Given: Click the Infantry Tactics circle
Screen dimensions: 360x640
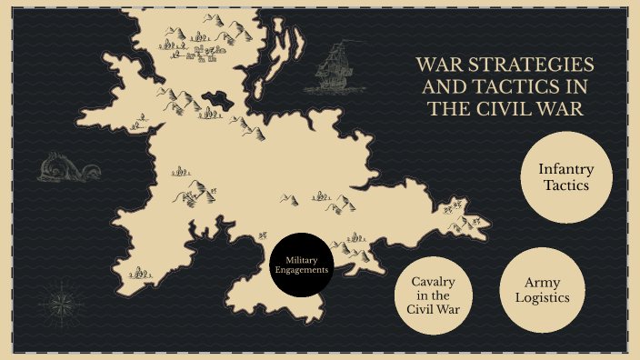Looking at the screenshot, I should tap(565, 177).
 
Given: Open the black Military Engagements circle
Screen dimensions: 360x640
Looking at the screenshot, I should tap(304, 264).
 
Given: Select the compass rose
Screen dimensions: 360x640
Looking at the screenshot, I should tap(63, 301).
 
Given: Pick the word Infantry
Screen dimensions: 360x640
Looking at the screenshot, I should tap(565, 168).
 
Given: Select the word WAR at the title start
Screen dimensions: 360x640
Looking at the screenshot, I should tap(438, 66).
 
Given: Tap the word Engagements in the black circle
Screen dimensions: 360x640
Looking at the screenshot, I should tap(304, 270).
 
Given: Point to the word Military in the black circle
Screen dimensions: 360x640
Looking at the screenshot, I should tap(304, 258).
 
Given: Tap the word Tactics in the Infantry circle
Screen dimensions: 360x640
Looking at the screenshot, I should tap(565, 185).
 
